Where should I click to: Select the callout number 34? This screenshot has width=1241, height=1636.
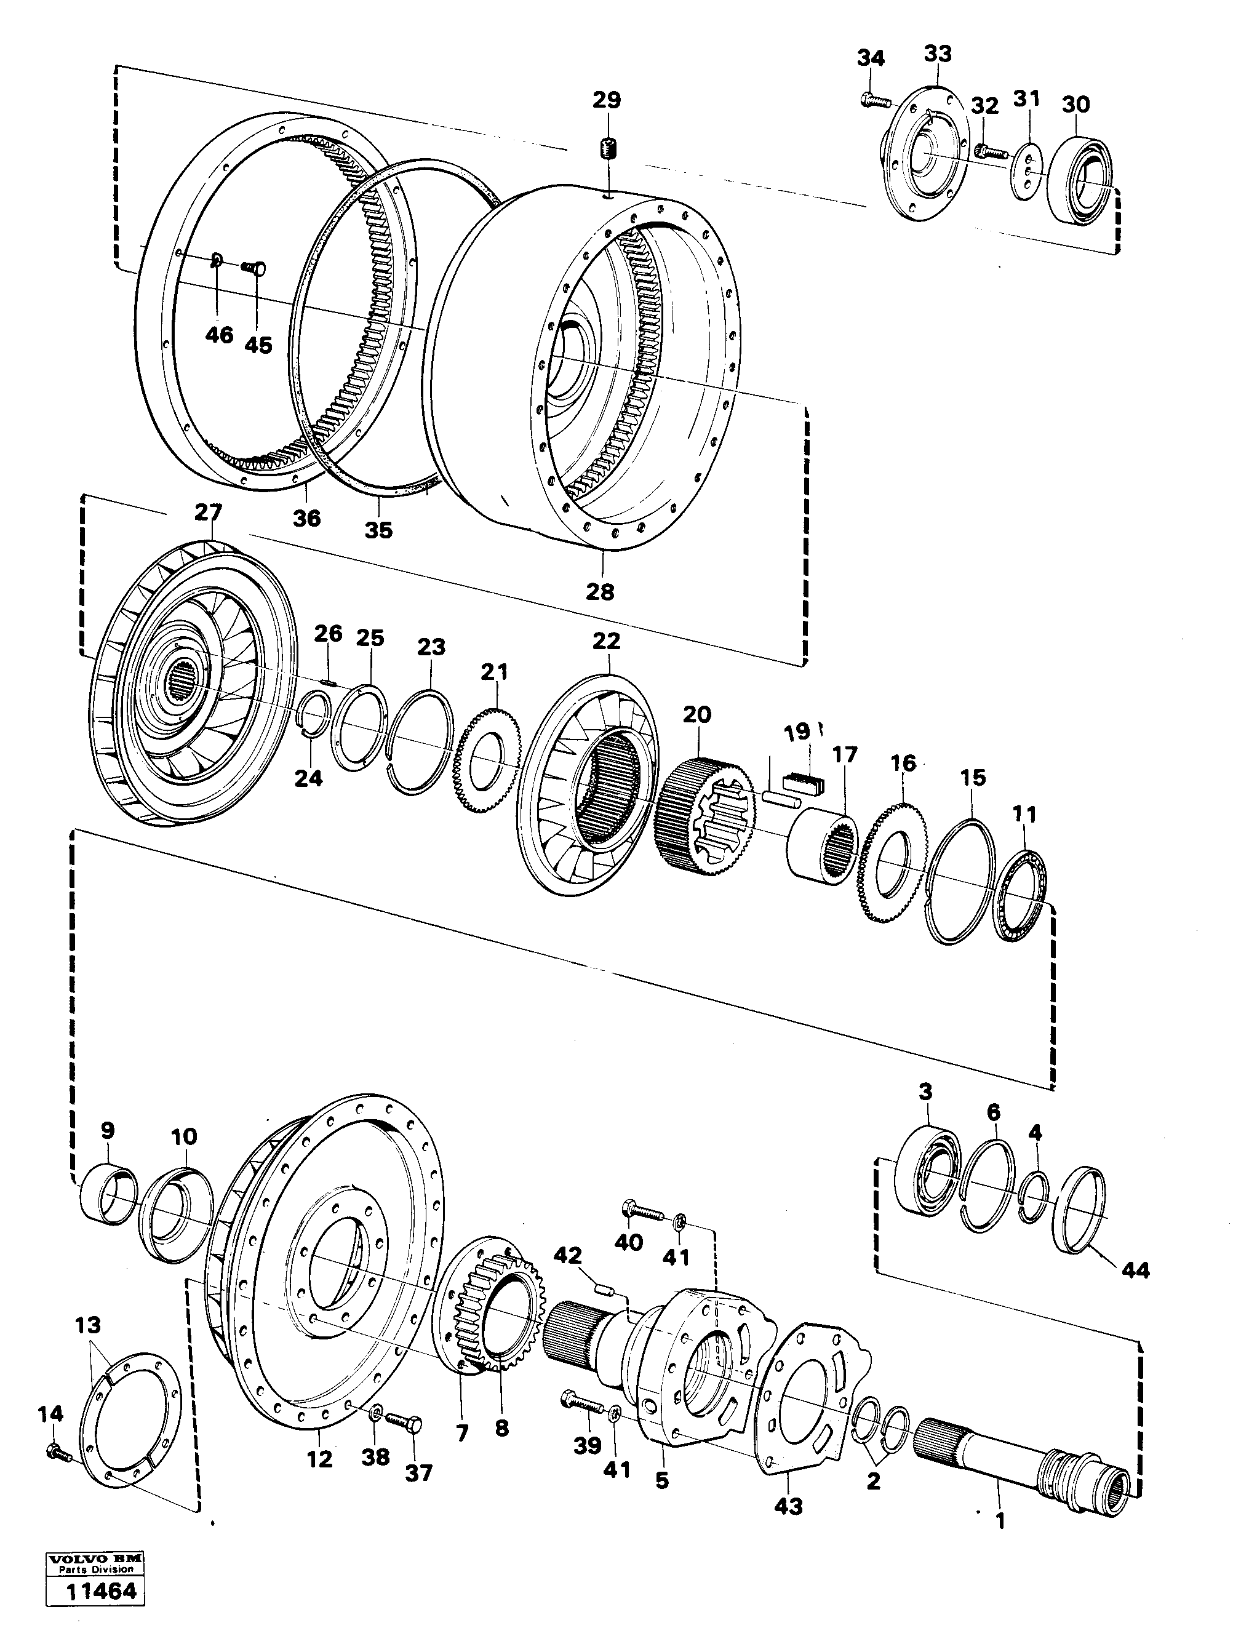pos(871,57)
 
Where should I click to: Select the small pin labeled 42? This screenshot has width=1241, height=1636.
pos(605,1291)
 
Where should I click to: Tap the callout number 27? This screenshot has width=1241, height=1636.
pos(209,512)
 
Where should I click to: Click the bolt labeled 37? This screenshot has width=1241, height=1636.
pos(405,1423)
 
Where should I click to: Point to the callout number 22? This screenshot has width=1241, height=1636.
pos(607,640)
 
